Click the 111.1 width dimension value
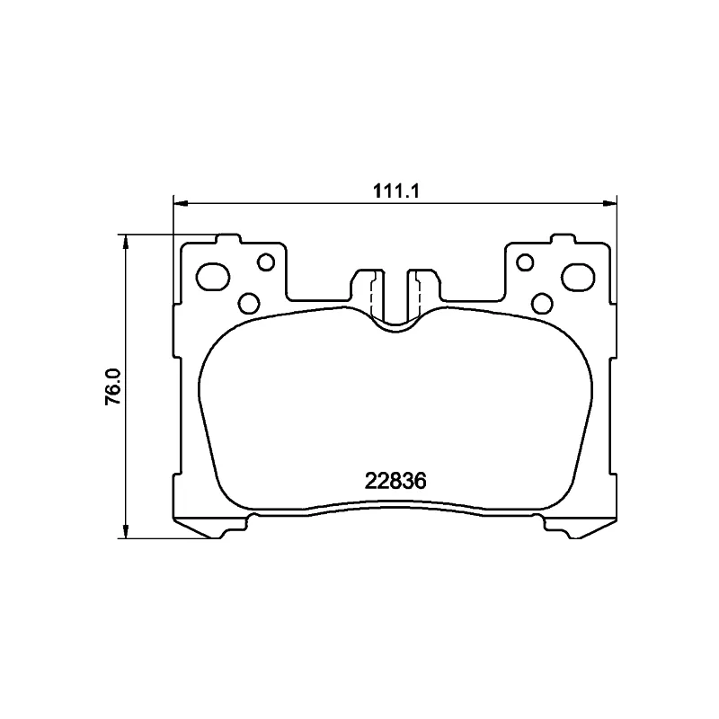tap(396, 191)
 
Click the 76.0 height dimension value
tap(113, 386)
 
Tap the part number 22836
tap(395, 481)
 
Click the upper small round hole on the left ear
tap(266, 262)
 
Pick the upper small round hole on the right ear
tap(525, 262)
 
